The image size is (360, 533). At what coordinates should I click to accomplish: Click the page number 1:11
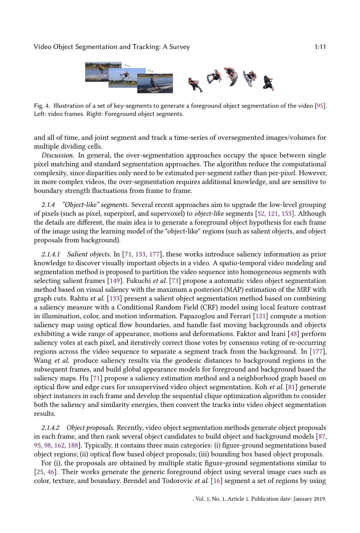pyautogui.click(x=320, y=47)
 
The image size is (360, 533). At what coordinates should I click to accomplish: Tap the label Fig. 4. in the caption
pyautogui.click(x=42, y=106)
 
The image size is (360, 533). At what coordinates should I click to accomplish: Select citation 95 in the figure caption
pyautogui.click(x=320, y=106)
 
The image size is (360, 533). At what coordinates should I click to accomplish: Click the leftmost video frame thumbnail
pyautogui.click(x=97, y=72)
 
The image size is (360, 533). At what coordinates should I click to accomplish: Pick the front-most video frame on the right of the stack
pyautogui.click(x=155, y=83)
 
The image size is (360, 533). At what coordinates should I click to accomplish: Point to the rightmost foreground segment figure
pyautogui.click(x=268, y=83)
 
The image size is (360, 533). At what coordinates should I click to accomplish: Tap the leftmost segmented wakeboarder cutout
pyautogui.click(x=195, y=85)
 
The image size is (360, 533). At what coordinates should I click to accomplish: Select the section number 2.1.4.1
pyautogui.click(x=51, y=254)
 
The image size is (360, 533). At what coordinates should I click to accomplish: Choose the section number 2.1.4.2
pyautogui.click(x=50, y=428)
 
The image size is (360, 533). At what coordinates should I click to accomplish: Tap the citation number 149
pyautogui.click(x=115, y=281)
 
